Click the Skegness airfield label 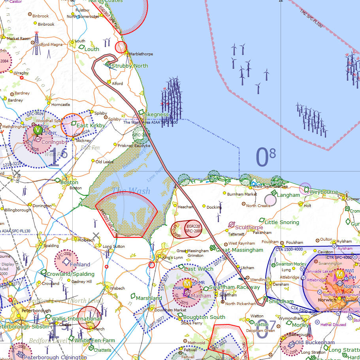[156, 115]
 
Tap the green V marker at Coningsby [38, 130]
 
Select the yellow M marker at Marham [188, 283]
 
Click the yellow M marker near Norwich [339, 274]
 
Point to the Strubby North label [130, 66]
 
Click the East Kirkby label [91, 126]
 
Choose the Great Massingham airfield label [239, 250]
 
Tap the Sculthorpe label [249, 227]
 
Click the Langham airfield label [288, 195]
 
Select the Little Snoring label [282, 222]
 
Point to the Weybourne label [324, 192]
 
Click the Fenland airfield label [80, 264]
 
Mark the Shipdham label [281, 301]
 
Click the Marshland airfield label [149, 298]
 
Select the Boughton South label [204, 317]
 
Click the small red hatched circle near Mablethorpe [121, 47]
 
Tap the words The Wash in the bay [131, 191]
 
